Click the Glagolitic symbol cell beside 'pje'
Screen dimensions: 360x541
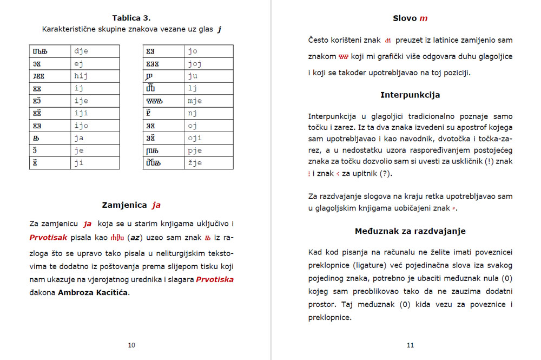tap(163, 150)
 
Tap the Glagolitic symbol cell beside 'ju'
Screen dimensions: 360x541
tap(163, 76)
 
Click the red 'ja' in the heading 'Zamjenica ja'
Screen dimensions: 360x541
tap(156, 205)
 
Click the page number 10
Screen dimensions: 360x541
tap(131, 345)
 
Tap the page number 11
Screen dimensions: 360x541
tap(410, 345)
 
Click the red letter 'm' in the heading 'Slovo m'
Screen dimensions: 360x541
tap(423, 18)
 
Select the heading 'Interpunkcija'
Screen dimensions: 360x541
tap(410, 95)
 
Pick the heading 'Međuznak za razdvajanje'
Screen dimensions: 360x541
tap(410, 231)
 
